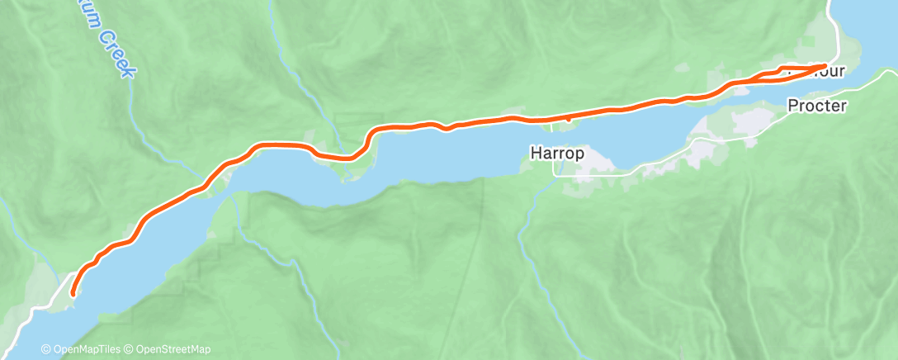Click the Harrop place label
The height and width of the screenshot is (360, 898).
click(x=558, y=153)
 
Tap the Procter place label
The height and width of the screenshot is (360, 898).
click(x=817, y=106)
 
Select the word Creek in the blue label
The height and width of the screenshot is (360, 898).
click(x=116, y=55)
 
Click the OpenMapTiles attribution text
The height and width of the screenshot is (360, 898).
click(x=84, y=349)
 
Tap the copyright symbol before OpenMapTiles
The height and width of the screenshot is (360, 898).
click(x=46, y=349)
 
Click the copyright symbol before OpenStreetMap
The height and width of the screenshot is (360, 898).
click(x=130, y=349)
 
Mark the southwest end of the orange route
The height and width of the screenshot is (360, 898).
click(x=73, y=292)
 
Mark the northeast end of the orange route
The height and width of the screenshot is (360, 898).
click(x=825, y=65)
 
